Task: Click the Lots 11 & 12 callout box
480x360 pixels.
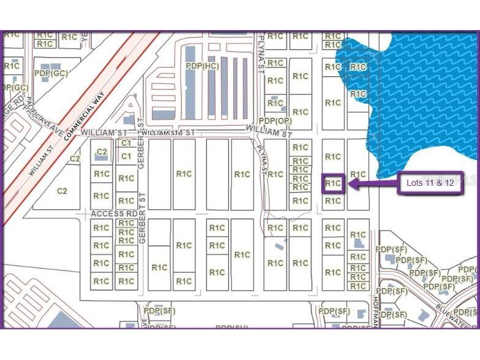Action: (430, 183)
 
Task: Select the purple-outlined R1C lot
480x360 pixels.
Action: (333, 183)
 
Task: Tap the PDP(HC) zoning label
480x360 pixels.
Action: (203, 66)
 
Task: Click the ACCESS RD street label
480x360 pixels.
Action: (114, 213)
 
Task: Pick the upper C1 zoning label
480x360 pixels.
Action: (126, 142)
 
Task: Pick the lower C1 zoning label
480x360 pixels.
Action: (126, 156)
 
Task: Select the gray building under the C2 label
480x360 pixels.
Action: (102, 158)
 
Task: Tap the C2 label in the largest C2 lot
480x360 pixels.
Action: (62, 191)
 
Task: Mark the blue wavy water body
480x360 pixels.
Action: (417, 92)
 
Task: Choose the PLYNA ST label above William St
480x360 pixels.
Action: (260, 46)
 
